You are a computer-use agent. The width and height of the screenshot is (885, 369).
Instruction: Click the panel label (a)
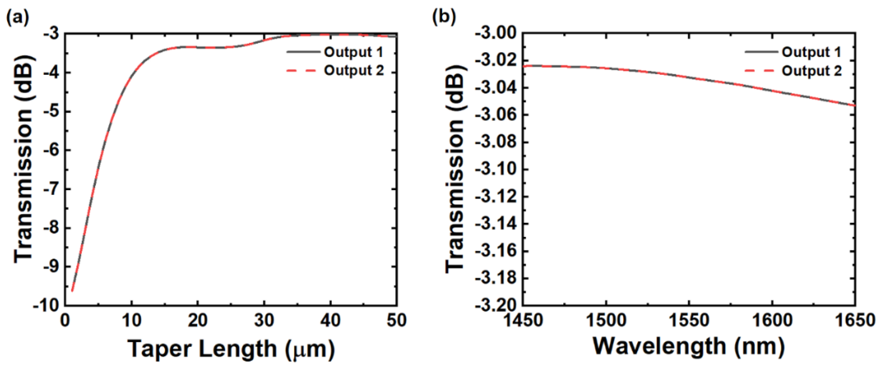(17, 17)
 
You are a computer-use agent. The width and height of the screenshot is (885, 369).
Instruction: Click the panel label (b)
(444, 17)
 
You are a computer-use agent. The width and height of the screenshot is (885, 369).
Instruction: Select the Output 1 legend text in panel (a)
(354, 52)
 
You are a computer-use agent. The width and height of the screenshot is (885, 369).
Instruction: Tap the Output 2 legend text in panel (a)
(354, 71)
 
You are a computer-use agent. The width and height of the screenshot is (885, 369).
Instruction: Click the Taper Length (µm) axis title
(231, 349)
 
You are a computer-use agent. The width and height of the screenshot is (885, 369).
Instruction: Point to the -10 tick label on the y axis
(46, 305)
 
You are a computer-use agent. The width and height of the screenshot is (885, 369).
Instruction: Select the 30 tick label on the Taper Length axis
(264, 320)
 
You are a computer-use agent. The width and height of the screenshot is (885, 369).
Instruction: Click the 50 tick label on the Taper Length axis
(397, 320)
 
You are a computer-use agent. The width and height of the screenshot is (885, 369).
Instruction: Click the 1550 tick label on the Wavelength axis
(689, 320)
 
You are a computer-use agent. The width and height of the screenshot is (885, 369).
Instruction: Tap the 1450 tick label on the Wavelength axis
(523, 320)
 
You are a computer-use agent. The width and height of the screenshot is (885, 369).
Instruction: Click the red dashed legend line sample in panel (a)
(301, 71)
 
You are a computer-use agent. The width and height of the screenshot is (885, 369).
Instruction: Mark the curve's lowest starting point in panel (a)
(72, 291)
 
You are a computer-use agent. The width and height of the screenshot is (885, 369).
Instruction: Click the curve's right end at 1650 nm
(854, 105)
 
